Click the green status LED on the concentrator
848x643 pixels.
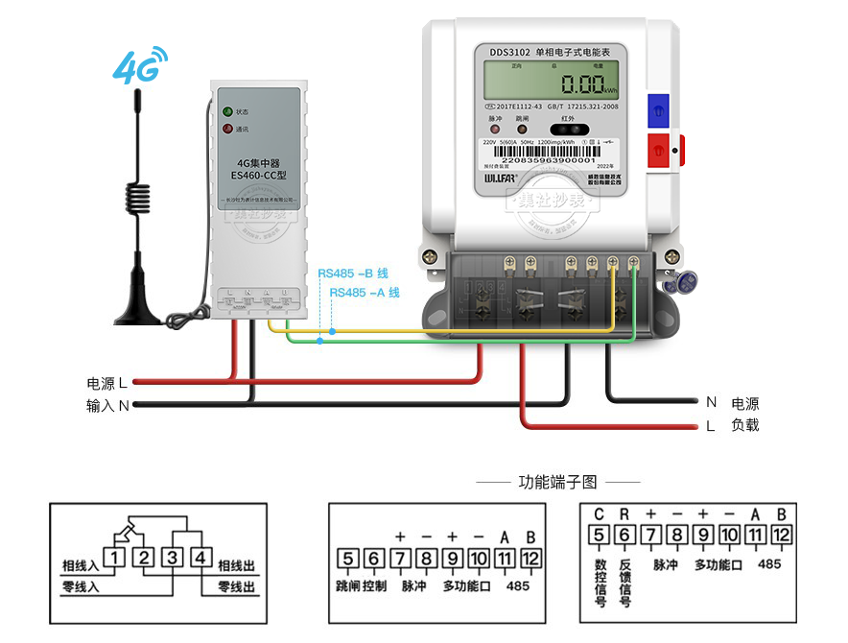click(x=227, y=112)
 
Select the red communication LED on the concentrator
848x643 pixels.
click(x=227, y=129)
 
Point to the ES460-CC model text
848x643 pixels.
click(x=256, y=177)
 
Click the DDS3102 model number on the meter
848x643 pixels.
click(x=509, y=52)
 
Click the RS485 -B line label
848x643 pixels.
click(x=358, y=273)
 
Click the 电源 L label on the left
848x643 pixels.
click(x=106, y=383)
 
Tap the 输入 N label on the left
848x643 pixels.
click(x=106, y=406)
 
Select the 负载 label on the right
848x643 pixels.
click(x=744, y=425)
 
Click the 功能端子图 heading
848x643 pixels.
click(x=557, y=482)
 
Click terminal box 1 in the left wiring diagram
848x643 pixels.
click(x=114, y=556)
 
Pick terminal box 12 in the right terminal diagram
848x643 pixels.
click(x=780, y=536)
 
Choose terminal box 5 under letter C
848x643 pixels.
click(x=599, y=536)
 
